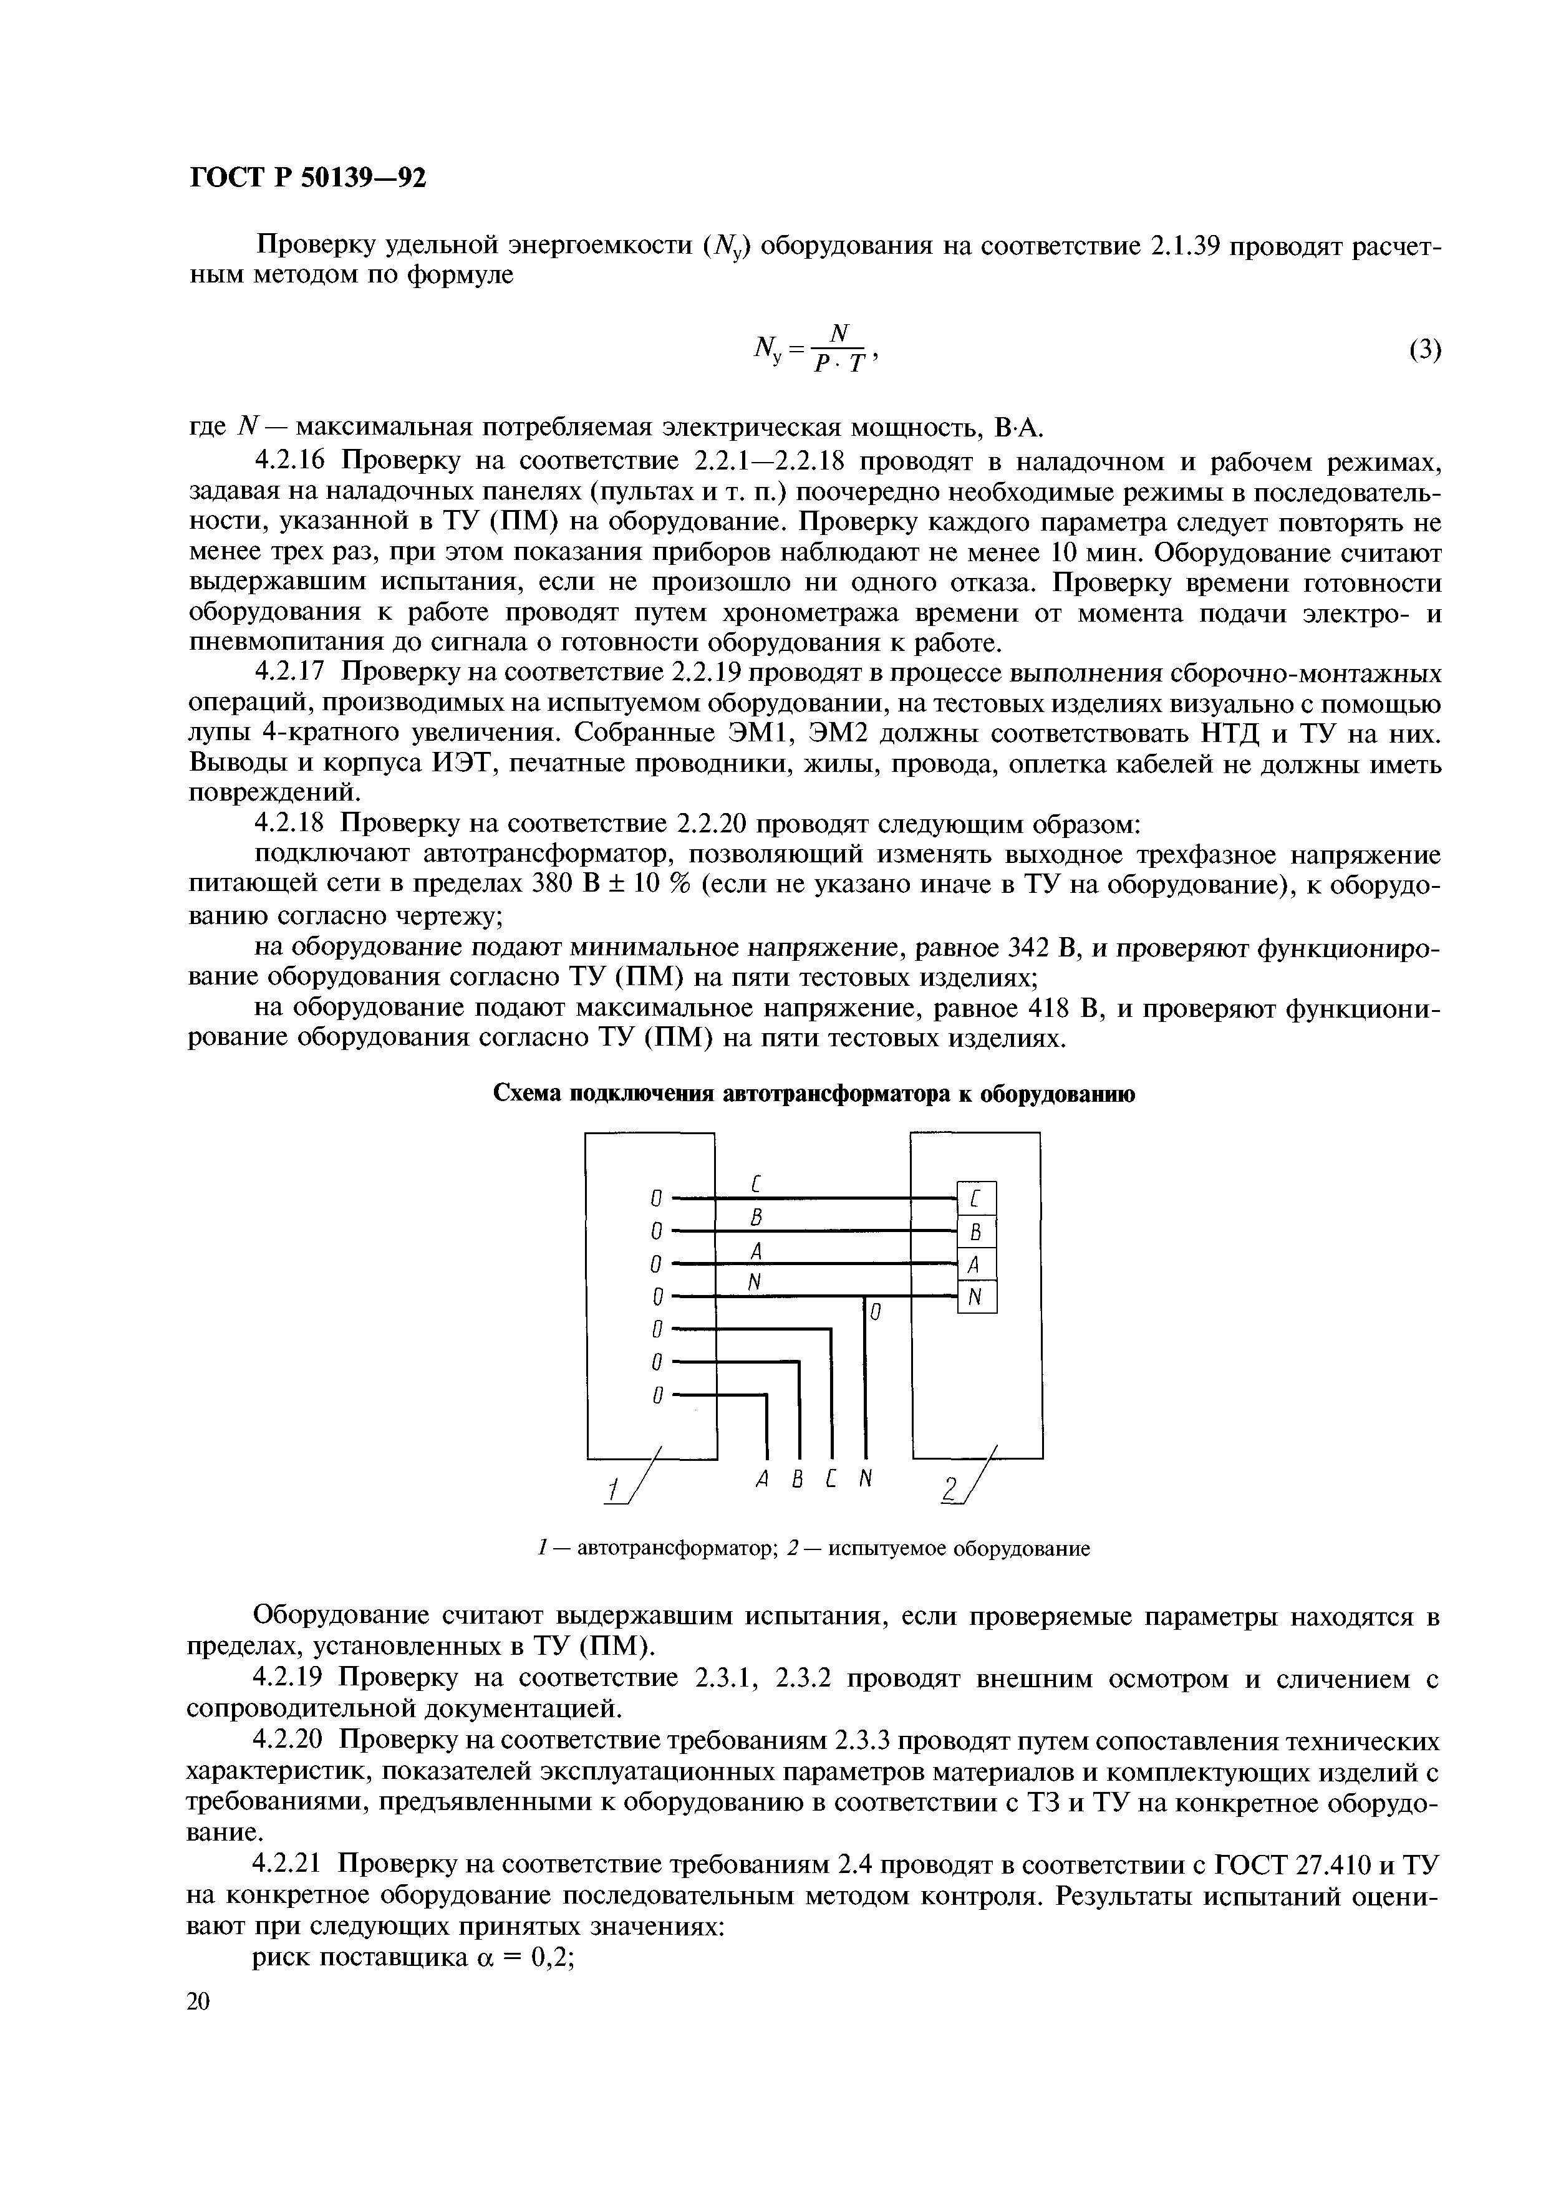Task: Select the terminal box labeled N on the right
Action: pos(976,1298)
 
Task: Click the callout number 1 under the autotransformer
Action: pos(612,1490)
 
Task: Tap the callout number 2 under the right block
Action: pos(949,1490)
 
